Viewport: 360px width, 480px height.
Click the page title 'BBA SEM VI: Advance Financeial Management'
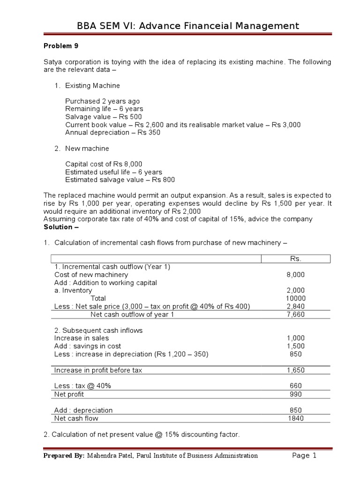(x=188, y=26)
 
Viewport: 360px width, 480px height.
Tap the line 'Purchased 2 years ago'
(x=102, y=101)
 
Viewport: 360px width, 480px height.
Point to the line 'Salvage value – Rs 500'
(x=103, y=117)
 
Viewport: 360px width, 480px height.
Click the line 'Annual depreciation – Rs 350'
(x=112, y=132)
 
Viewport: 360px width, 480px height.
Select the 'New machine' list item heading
(x=87, y=148)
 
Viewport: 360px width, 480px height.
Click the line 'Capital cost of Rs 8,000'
(x=103, y=164)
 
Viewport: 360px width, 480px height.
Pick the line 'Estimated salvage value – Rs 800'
(x=120, y=180)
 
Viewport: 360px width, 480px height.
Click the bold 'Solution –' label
(x=61, y=227)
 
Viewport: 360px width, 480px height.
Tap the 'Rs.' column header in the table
(x=295, y=259)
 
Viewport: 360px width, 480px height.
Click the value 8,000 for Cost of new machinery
(x=295, y=275)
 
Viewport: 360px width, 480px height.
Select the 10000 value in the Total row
(x=295, y=298)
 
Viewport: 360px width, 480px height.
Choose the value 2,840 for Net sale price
(x=295, y=306)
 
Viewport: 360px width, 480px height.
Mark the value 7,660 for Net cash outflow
(x=295, y=314)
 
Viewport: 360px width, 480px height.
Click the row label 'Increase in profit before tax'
(x=98, y=370)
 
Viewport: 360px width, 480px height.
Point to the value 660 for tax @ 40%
(x=295, y=386)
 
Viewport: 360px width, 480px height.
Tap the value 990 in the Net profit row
(x=295, y=394)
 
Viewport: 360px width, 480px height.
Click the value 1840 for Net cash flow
(x=295, y=418)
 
